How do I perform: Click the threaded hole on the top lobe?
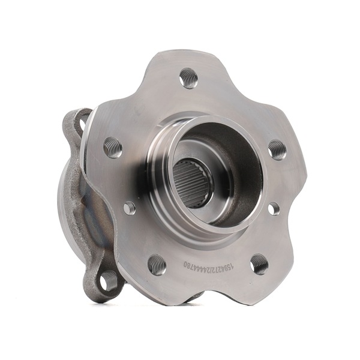(x=188, y=78)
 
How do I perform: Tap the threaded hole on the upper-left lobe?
(x=113, y=147)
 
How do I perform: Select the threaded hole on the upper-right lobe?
(x=277, y=149)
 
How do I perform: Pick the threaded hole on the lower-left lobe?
(x=157, y=264)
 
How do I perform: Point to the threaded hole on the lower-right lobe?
(x=259, y=263)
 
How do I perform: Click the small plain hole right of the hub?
(x=274, y=208)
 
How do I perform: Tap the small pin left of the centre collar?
(x=130, y=208)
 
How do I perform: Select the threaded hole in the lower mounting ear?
(x=109, y=280)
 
